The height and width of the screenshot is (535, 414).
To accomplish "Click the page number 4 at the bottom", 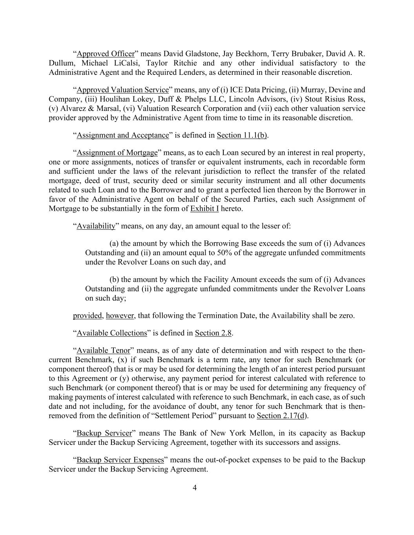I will (195, 487).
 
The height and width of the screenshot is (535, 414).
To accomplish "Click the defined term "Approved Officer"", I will (106, 54).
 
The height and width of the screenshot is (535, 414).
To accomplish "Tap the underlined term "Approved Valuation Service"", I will (122, 90).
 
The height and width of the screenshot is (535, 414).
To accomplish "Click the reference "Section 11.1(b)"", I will (242, 135).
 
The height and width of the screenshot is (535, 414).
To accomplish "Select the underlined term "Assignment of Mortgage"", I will (117, 152).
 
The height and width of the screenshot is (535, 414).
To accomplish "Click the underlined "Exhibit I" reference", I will (204, 209).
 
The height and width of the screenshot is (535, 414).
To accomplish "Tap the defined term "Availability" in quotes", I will (96, 226).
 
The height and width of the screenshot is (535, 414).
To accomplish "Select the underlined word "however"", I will (120, 316).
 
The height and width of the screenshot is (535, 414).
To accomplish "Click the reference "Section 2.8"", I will (213, 333).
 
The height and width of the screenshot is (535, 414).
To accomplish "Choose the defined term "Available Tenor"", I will (103, 350).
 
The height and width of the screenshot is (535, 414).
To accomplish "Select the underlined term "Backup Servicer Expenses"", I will (120, 460).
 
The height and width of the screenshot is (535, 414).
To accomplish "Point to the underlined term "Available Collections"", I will (111, 333).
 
